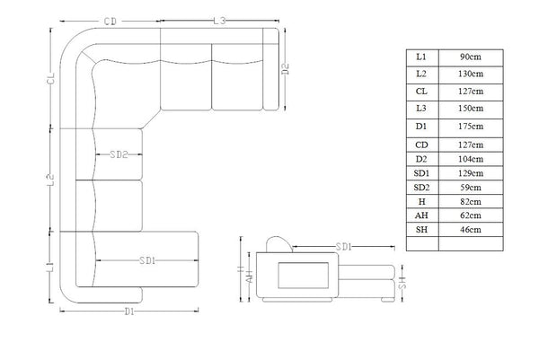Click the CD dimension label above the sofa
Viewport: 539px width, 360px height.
[x=110, y=22]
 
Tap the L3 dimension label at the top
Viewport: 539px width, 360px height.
[x=219, y=21]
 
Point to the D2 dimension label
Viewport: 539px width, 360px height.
[x=286, y=69]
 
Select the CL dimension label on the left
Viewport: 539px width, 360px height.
[x=51, y=78]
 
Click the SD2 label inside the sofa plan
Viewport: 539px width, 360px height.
[x=119, y=154]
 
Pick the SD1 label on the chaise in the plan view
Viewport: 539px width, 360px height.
[x=147, y=260]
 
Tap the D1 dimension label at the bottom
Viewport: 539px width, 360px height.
[x=129, y=312]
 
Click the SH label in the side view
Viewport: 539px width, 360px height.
[x=402, y=283]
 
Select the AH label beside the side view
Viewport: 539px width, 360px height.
[x=251, y=277]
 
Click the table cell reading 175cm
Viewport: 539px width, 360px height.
[x=471, y=127]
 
